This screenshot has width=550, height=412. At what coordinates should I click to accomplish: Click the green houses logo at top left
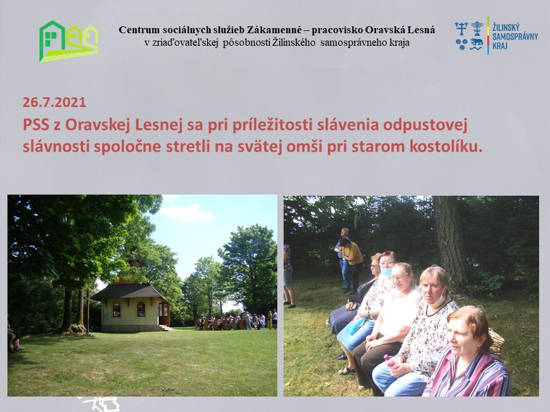(x=68, y=41)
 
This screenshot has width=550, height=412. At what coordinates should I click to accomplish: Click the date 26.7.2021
(x=54, y=103)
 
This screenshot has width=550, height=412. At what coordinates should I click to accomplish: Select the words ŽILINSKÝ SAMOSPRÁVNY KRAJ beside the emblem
(x=515, y=36)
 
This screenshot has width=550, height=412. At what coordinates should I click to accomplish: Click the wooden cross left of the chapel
(x=87, y=311)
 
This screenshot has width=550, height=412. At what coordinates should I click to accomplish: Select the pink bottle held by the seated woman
(x=390, y=361)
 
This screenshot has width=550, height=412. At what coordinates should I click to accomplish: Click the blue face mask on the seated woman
(x=387, y=272)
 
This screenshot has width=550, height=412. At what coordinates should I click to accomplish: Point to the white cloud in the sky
(x=186, y=212)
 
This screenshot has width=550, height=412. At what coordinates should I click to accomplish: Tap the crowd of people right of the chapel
(x=236, y=320)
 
